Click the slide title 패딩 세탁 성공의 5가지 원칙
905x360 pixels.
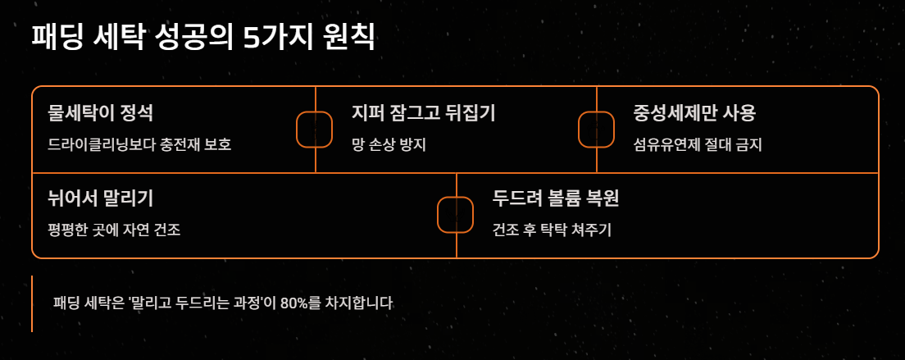pos(203,38)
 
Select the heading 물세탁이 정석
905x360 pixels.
pos(100,112)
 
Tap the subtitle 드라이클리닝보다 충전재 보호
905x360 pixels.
pos(140,145)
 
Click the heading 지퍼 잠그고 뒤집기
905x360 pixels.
pos(423,112)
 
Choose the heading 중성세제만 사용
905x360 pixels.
pos(694,112)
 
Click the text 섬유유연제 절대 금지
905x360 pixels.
pos(698,145)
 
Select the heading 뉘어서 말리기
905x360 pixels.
pos(102,198)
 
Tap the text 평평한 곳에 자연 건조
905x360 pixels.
pos(115,230)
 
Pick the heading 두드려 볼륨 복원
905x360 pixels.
pos(555,198)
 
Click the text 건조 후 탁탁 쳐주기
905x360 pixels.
pos(552,230)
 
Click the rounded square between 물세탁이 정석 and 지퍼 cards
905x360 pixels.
pos(314,130)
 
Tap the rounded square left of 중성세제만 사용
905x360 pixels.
pos(597,130)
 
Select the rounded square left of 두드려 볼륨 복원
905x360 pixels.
pos(456,215)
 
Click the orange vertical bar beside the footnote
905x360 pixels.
pos(32,303)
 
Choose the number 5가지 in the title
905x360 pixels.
pos(274,38)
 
